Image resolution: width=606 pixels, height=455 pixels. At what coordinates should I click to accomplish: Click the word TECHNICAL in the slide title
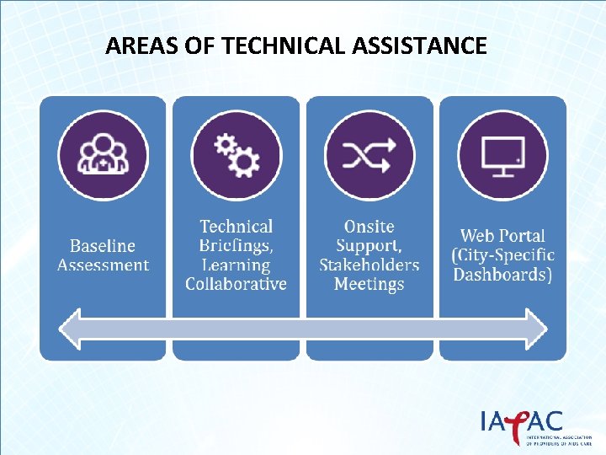click(x=284, y=45)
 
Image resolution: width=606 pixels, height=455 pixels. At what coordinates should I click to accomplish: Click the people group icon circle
click(x=103, y=156)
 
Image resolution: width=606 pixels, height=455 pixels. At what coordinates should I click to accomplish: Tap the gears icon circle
click(x=237, y=156)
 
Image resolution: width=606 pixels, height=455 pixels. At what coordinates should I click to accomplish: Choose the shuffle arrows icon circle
click(x=369, y=156)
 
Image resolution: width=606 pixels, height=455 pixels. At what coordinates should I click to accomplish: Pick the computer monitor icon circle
click(x=502, y=156)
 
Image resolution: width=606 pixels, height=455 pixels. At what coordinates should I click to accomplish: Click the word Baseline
click(x=103, y=246)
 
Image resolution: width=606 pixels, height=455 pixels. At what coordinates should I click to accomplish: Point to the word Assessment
click(x=103, y=265)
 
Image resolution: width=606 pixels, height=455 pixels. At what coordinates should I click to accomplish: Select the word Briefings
click(x=235, y=245)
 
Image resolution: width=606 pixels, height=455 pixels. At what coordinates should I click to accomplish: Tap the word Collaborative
click(x=237, y=284)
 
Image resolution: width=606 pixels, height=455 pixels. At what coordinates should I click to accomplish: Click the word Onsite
click(x=369, y=227)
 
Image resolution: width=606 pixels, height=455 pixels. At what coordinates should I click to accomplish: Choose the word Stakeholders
click(x=369, y=265)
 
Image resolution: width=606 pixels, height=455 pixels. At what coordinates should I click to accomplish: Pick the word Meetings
click(x=369, y=284)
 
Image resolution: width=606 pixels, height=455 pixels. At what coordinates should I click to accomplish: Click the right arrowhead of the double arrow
click(x=534, y=329)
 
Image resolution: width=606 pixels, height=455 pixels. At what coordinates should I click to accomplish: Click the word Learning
click(x=235, y=265)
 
